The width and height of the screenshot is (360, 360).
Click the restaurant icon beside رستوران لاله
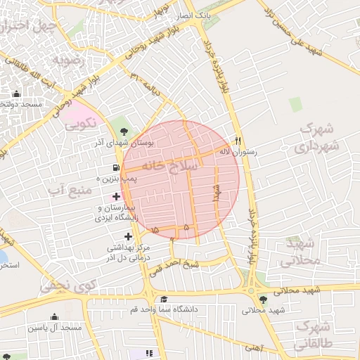pyautogui.click(x=238, y=140)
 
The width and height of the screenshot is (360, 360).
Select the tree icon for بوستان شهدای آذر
pyautogui.click(x=124, y=131)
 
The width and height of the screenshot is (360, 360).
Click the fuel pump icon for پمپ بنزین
pyautogui.click(x=114, y=168)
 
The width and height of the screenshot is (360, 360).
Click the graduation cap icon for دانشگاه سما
pyautogui.click(x=163, y=299)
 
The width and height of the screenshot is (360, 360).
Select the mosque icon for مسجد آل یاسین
pyautogui.click(x=54, y=317)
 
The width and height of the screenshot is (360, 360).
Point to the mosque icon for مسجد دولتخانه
pyautogui.click(x=17, y=94)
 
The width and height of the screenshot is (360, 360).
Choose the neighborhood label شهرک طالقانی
pyautogui.click(x=314, y=335)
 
